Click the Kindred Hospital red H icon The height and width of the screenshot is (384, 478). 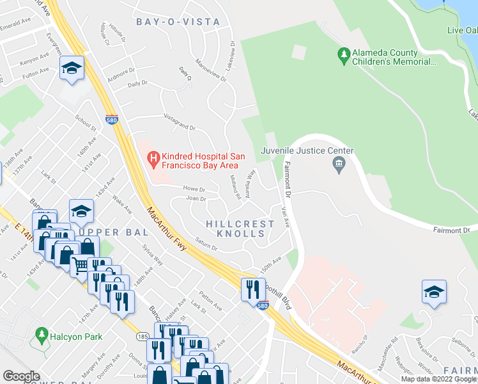coord(153,157)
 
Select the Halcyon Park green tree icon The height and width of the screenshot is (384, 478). coord(42,335)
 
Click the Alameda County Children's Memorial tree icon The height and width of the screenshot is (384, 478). coord(344,56)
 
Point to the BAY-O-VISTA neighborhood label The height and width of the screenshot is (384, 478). coord(178,22)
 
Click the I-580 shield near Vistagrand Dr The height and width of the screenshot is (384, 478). coord(111,119)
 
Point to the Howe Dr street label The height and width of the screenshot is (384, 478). coord(194,189)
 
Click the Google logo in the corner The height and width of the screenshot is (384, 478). coord(21,376)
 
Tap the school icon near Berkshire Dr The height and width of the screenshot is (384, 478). coord(434,291)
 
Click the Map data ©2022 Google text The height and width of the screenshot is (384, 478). coord(438,379)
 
